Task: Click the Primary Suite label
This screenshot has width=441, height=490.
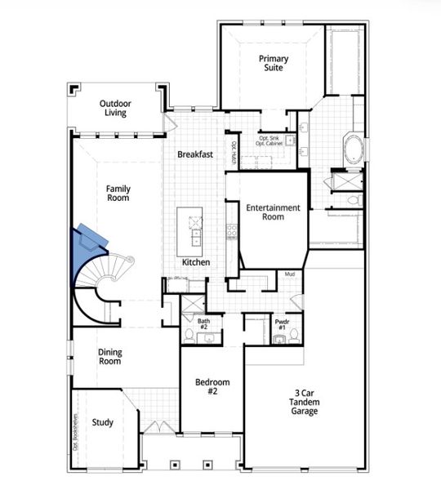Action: click(x=273, y=64)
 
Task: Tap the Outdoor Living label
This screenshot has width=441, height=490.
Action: click(x=116, y=109)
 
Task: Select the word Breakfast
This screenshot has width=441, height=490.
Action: click(x=195, y=154)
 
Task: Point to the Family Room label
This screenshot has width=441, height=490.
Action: click(x=118, y=193)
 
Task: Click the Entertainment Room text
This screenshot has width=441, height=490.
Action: click(x=274, y=212)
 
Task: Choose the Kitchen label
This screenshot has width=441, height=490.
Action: click(x=196, y=262)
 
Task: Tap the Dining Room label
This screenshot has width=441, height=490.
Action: click(x=111, y=356)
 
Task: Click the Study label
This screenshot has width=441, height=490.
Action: click(x=103, y=422)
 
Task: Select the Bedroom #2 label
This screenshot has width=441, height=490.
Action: click(x=212, y=387)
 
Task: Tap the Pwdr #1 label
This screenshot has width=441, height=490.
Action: click(x=282, y=324)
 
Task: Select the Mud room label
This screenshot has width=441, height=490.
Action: click(x=289, y=274)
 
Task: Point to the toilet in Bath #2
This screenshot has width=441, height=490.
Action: click(x=189, y=336)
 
